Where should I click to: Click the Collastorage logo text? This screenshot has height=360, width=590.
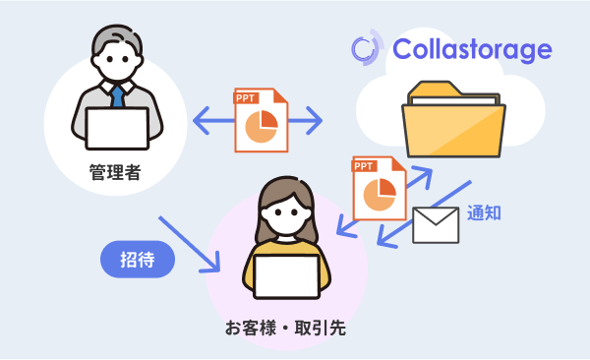[472, 49]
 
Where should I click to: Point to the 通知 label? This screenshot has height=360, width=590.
[484, 211]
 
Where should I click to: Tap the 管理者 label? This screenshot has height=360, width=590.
[116, 175]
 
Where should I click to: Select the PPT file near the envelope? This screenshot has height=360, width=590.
[378, 188]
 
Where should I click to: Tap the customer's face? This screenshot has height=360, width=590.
[286, 210]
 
